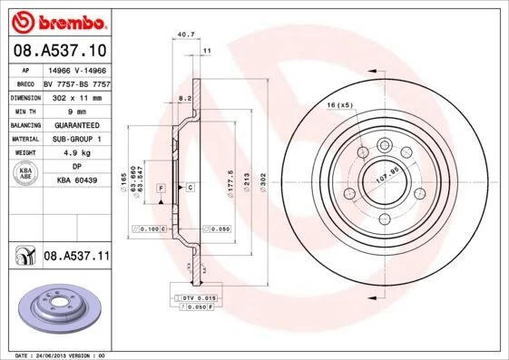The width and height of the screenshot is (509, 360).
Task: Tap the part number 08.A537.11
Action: click(76, 257)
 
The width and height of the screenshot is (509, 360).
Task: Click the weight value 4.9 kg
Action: click(76, 153)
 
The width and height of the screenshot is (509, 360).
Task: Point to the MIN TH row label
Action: click(24, 111)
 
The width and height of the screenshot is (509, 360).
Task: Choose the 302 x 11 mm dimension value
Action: click(76, 96)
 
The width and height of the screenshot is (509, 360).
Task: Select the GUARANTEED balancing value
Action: click(76, 124)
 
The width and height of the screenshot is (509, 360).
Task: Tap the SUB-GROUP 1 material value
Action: click(76, 139)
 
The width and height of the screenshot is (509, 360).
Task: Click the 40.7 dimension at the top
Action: click(186, 34)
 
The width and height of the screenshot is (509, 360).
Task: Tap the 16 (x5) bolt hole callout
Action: click(339, 106)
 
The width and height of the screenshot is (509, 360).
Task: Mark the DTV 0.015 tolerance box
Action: click(195, 297)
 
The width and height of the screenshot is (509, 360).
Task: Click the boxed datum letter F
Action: click(161, 187)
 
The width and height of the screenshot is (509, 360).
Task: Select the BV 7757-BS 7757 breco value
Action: click(76, 82)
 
